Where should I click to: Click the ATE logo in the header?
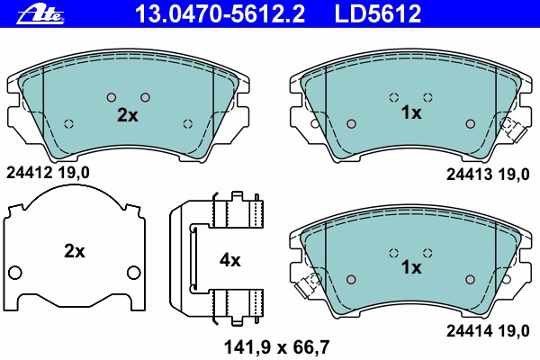[40, 14]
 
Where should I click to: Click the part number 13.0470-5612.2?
[220, 13]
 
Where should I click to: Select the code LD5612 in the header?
[378, 13]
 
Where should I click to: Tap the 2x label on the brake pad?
[128, 115]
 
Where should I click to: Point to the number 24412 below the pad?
[29, 173]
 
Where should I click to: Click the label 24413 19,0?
[488, 175]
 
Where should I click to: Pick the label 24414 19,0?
[488, 331]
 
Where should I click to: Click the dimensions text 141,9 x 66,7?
[277, 346]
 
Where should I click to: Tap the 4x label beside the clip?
[230, 260]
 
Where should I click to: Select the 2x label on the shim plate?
[75, 251]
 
